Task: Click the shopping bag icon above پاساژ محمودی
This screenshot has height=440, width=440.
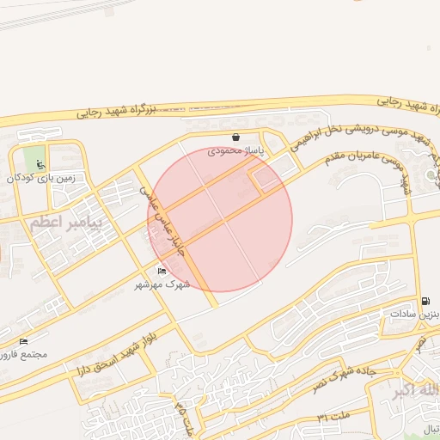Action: point(235,137)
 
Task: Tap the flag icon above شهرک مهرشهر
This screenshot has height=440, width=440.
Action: point(162,272)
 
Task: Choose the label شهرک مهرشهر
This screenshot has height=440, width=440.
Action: point(162,284)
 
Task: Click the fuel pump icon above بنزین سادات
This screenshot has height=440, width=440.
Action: point(425,301)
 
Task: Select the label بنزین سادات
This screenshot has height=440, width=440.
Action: point(416,315)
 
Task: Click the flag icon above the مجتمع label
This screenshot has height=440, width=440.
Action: point(23,342)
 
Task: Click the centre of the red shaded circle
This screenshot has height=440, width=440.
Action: point(221,220)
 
